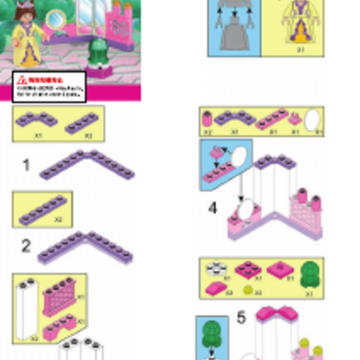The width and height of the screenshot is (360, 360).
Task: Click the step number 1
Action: click(26, 166)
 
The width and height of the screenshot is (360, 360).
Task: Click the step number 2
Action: click(26, 246)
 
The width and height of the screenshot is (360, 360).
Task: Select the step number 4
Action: click(212, 208)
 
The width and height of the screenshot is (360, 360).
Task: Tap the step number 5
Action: click(241, 318)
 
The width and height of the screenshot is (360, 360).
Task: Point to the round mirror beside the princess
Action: click(57, 17)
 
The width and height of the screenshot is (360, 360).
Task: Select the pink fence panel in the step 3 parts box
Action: click(60, 296)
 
